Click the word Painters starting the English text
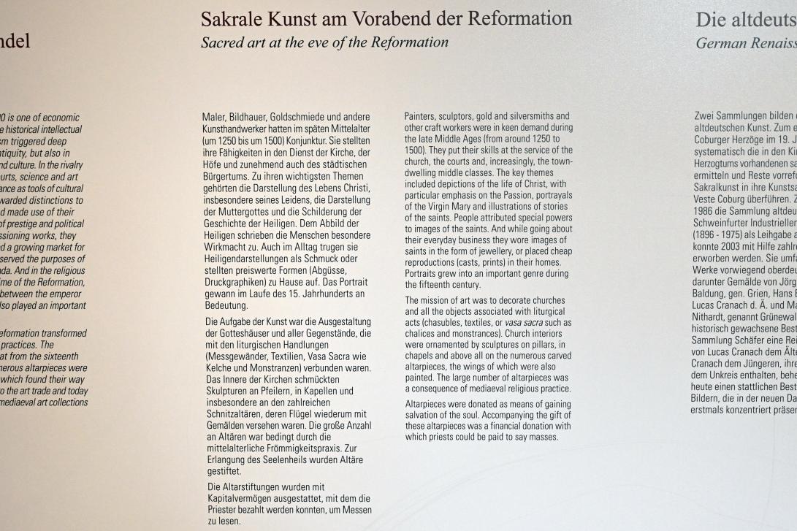[422, 116]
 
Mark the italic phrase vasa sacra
[524, 323]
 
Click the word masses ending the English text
[543, 437]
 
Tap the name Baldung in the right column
[708, 313]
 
